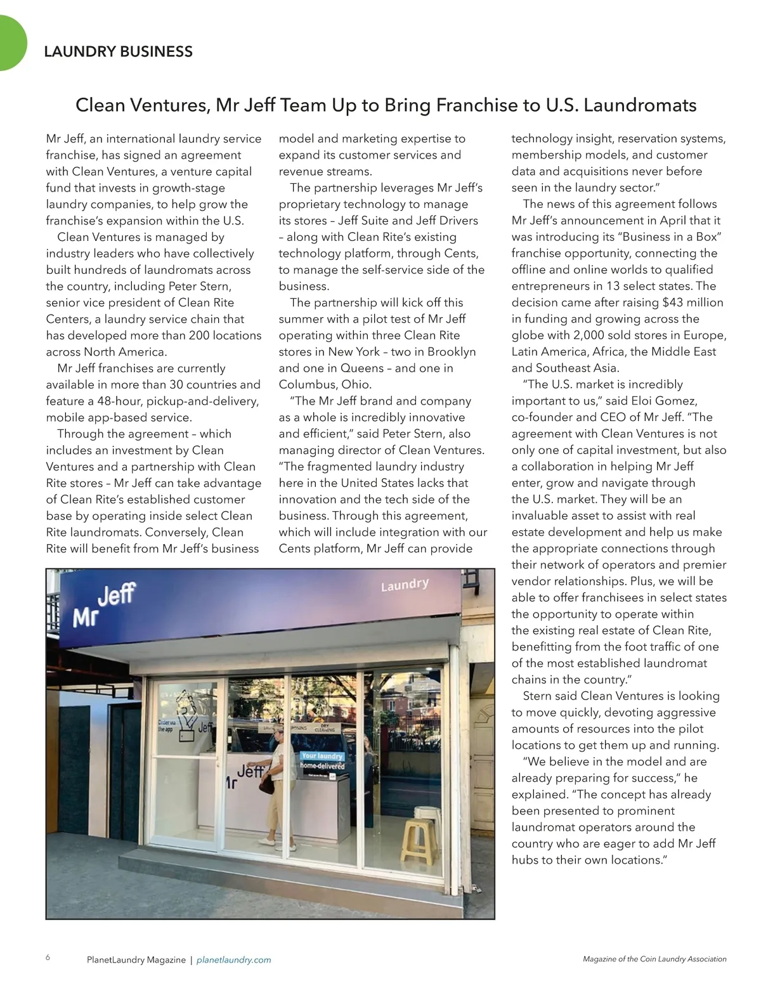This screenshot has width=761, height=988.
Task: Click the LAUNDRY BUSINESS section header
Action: pos(119,52)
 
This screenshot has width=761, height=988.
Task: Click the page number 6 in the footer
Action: pos(48,958)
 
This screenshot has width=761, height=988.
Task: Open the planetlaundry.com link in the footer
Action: pos(234,960)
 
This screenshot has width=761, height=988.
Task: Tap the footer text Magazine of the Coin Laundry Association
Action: pos(654,959)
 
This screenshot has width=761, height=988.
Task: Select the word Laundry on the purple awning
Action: pos(405,584)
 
